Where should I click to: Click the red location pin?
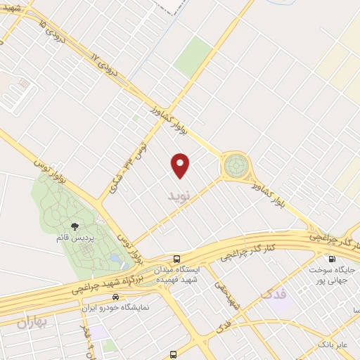pyautogui.click(x=181, y=165)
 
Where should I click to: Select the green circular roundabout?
pyautogui.click(x=236, y=166)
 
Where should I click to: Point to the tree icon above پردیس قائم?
pyautogui.click(x=75, y=226)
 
